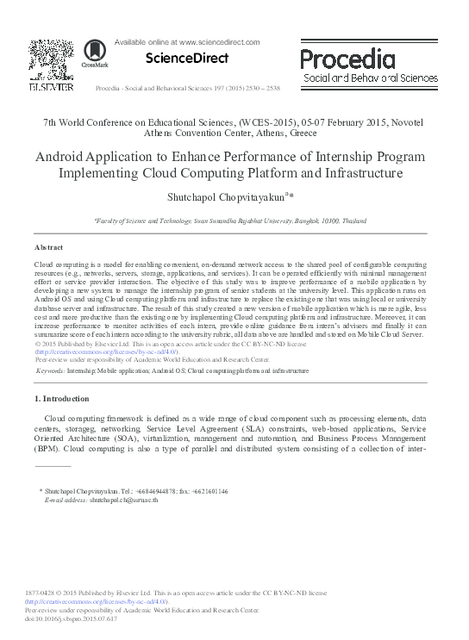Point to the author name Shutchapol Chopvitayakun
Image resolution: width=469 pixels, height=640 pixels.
(226, 196)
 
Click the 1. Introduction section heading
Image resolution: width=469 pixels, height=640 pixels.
(61, 399)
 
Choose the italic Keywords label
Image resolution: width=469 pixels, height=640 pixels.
(50, 370)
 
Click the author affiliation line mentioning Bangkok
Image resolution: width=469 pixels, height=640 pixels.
(234, 221)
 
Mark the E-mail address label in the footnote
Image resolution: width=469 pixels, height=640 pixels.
(66, 500)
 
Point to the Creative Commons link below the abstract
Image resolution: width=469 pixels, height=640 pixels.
(106, 352)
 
